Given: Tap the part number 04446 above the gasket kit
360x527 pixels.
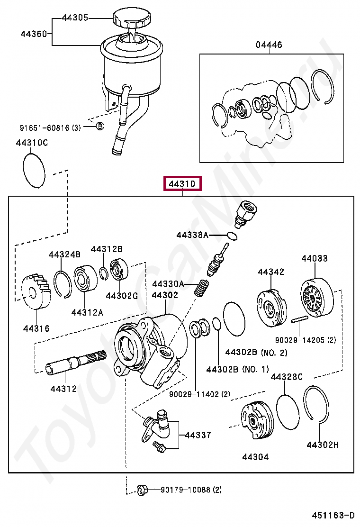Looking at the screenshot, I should [269, 45].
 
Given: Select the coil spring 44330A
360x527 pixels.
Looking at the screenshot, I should [203, 288].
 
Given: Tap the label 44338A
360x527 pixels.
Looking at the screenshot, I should [192, 235].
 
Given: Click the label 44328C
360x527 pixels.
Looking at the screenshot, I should [287, 377].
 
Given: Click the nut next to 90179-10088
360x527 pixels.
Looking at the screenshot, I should [141, 490].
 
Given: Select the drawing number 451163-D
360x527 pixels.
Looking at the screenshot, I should [333, 515].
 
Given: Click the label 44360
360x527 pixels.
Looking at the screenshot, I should [33, 34].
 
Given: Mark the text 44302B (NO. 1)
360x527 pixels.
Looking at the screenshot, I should [237, 369].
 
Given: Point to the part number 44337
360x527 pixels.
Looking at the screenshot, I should [198, 435].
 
